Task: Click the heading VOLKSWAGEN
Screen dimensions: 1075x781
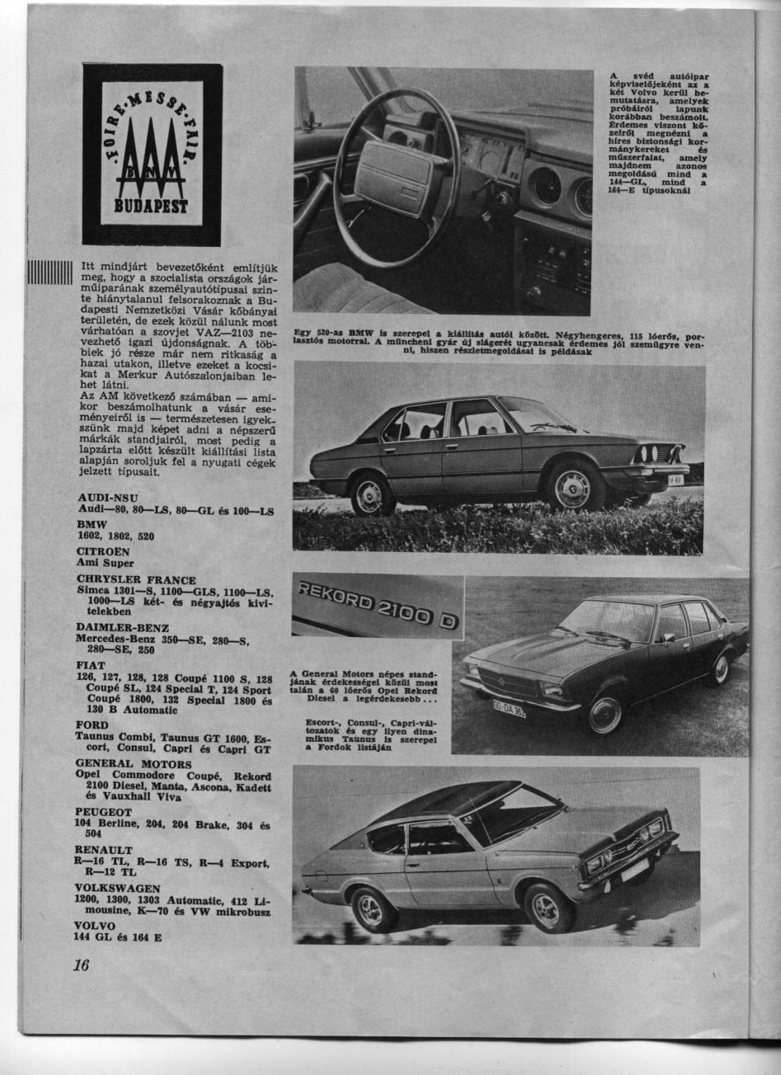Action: click(x=113, y=888)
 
